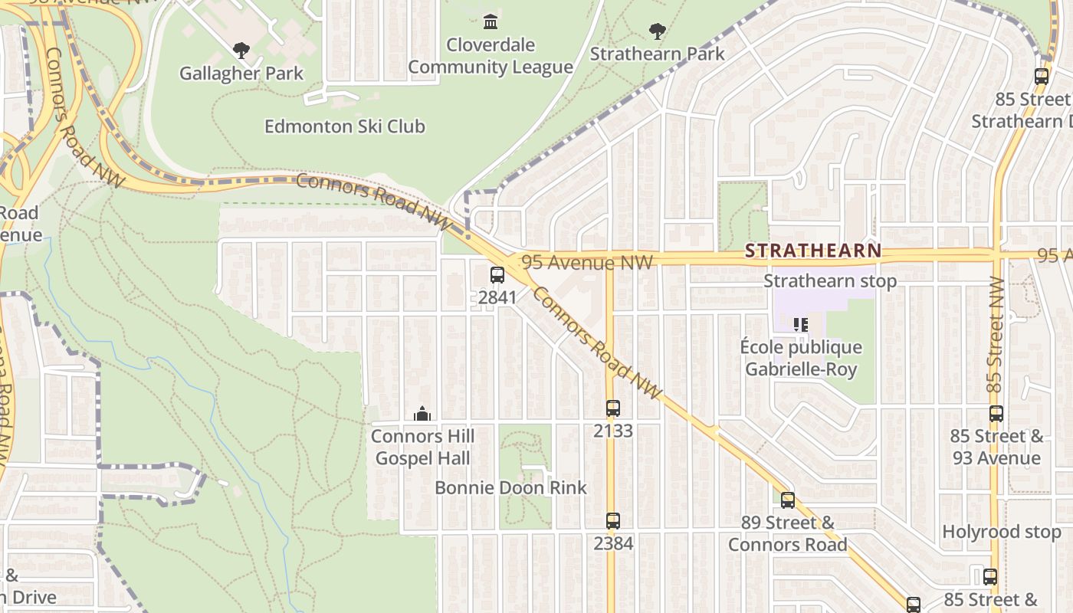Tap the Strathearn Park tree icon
(x=657, y=31)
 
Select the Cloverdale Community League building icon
(x=491, y=21)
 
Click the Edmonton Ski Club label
(x=344, y=126)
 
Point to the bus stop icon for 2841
(x=497, y=274)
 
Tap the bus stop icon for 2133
(x=612, y=408)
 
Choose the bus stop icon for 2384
(x=612, y=521)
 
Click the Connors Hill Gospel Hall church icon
(x=422, y=415)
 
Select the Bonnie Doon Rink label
(x=510, y=487)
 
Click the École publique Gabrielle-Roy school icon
(x=801, y=325)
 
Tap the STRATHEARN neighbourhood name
(x=813, y=251)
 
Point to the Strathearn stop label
(x=830, y=281)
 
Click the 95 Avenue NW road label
(x=587, y=263)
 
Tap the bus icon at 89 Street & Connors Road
(x=788, y=500)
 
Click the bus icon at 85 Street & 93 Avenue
(x=996, y=414)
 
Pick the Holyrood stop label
(x=1001, y=532)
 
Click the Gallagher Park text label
(x=241, y=74)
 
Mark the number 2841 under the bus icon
(x=497, y=297)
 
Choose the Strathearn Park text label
(x=657, y=54)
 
